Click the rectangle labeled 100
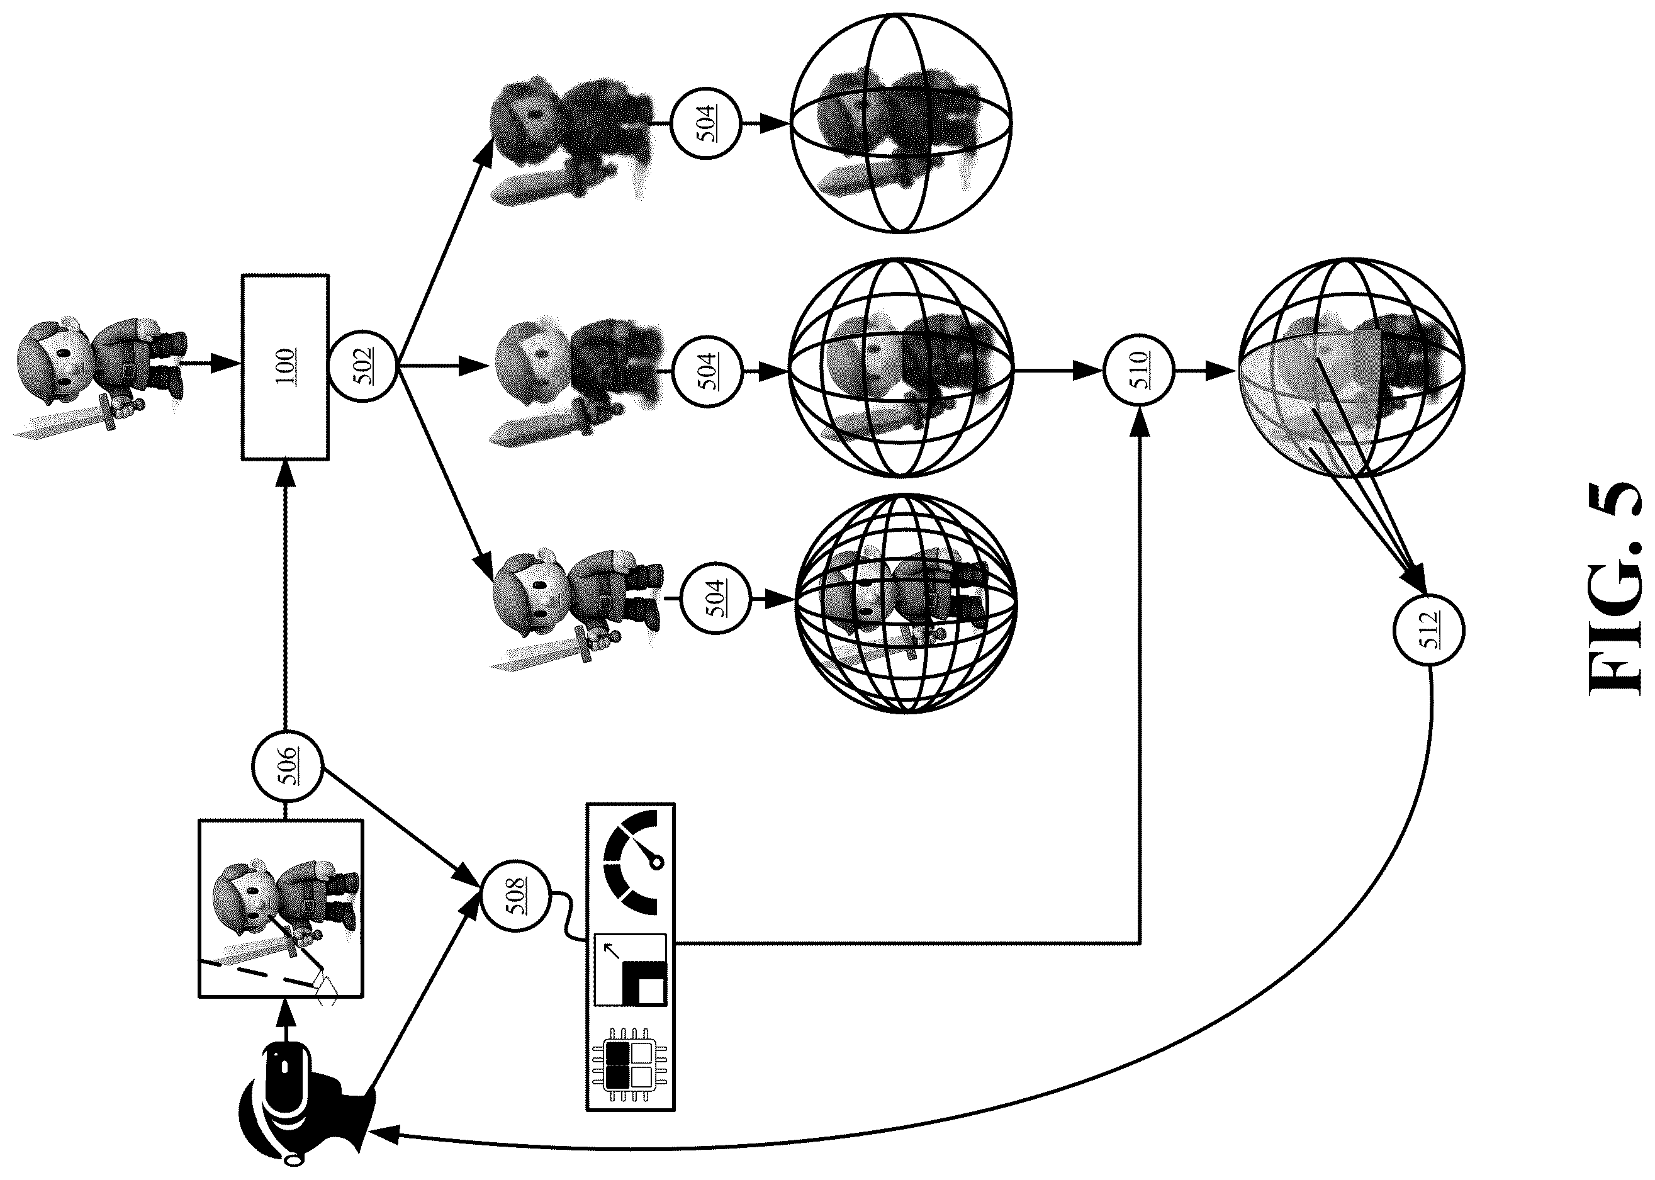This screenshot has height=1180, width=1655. coord(285,367)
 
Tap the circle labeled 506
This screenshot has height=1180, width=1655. coord(287,766)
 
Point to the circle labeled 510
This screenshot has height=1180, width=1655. coord(1138,370)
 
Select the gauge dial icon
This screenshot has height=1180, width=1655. coord(631,862)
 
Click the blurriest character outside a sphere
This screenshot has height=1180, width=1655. coord(574,138)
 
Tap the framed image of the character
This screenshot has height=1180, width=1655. coord(281,908)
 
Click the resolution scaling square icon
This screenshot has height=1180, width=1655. coord(630,970)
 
